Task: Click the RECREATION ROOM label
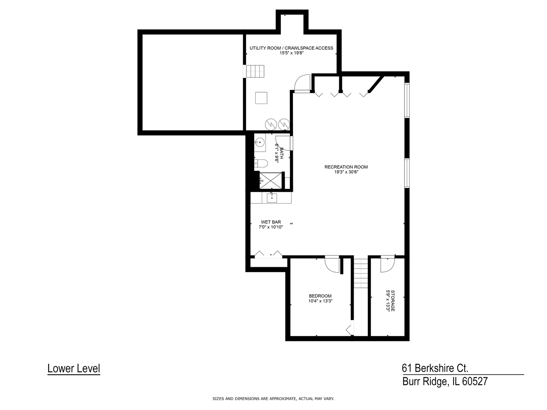point(346,167)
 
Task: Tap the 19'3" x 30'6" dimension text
point(346,172)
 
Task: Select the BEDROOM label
point(320,296)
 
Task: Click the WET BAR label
point(271,222)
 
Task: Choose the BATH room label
point(281,153)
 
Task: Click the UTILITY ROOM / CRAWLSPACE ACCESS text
point(291,48)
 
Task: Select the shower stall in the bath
point(271,180)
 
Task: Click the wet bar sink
point(272,198)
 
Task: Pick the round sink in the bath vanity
point(259,143)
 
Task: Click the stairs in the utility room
point(254,71)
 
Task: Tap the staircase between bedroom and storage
point(361,273)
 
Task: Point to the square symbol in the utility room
point(261,98)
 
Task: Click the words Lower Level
point(74,368)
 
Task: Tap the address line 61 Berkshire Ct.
point(435,368)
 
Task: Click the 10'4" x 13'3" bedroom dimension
point(321,301)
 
